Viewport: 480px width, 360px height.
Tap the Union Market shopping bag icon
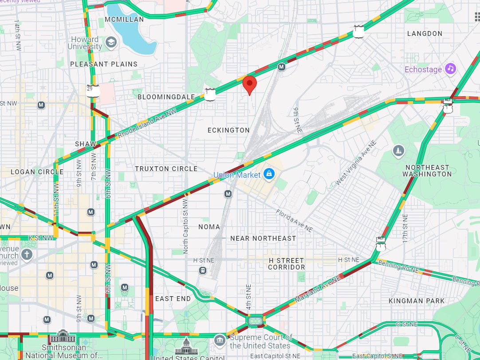pos(269,175)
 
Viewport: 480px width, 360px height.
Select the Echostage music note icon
pos(451,69)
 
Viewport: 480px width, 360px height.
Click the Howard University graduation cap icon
pos(110,43)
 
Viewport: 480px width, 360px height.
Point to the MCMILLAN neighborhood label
pos(124,20)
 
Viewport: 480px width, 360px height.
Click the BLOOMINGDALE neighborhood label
pos(166,97)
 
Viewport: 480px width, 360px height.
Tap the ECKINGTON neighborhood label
pos(228,130)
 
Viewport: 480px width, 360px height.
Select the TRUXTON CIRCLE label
pos(166,169)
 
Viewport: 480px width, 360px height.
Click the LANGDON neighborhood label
pos(425,34)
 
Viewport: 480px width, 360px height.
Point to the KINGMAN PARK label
pos(416,301)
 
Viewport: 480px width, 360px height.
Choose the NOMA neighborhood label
pos(209,227)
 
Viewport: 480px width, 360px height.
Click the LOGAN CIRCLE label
pos(37,172)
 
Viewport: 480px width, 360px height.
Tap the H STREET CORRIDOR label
pos(287,264)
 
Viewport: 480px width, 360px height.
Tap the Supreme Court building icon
pos(220,340)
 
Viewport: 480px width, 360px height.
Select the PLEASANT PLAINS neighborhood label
pos(104,64)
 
